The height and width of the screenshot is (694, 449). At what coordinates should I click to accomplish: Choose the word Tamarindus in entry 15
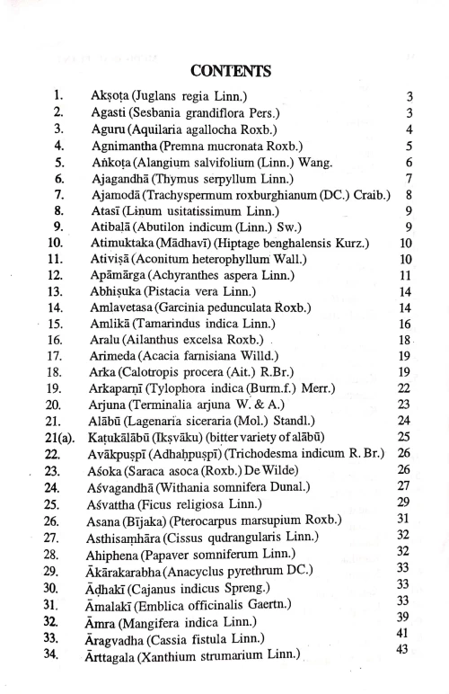coord(169,324)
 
